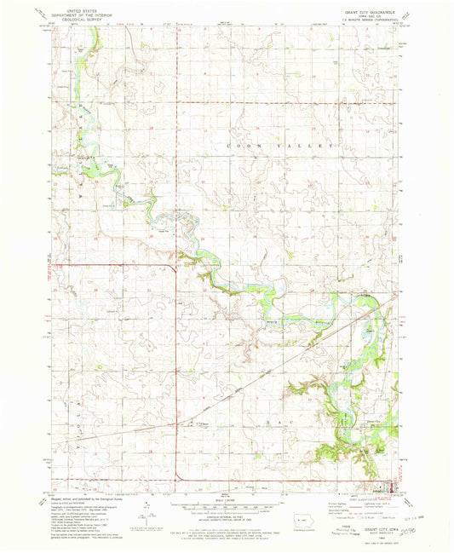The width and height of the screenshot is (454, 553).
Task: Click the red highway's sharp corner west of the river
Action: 176,266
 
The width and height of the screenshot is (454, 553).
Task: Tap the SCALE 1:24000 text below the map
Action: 227,499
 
